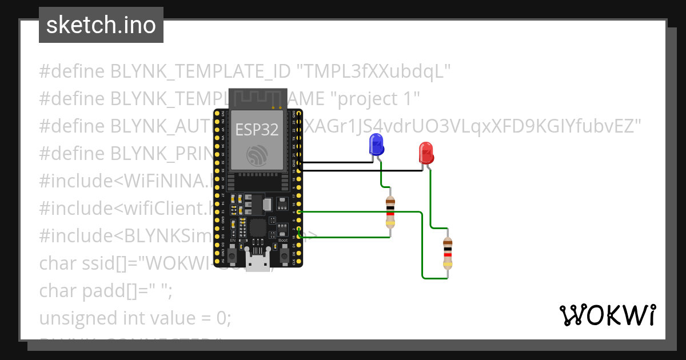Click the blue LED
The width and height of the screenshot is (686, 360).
coord(376,145)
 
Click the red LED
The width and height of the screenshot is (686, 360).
coord(426,153)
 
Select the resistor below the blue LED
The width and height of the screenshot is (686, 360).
coord(390,212)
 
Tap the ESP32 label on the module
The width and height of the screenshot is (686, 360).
coord(257,130)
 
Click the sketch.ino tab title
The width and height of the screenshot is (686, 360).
coord(101,25)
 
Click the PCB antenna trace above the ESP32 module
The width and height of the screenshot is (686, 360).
coord(257,98)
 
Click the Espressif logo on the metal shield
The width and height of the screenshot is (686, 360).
coord(257,155)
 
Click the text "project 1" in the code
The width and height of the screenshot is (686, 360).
coord(376,99)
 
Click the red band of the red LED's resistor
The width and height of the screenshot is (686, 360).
coord(447,253)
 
